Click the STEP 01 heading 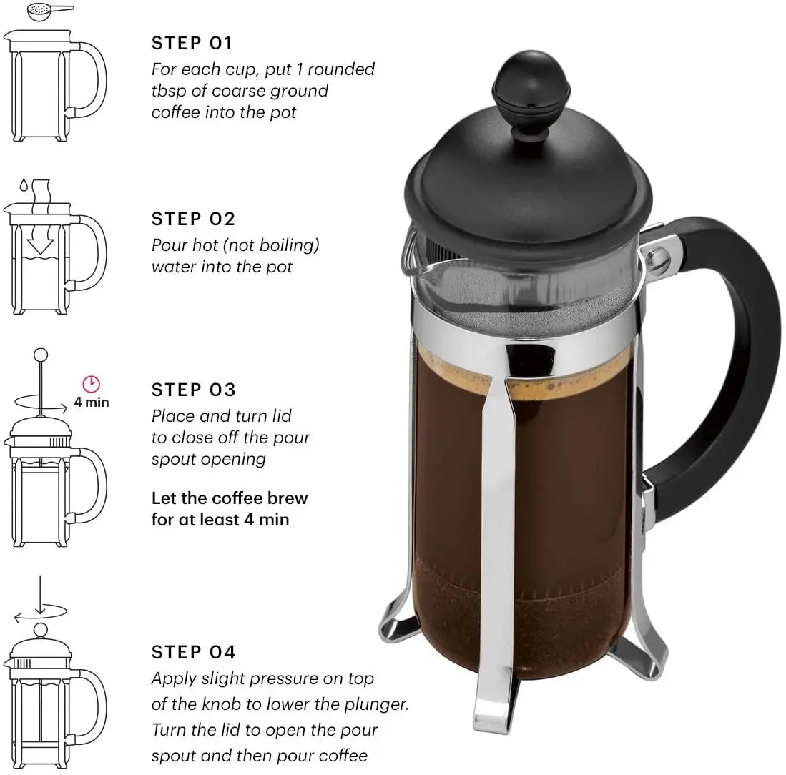pos(192,43)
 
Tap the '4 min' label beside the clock pos(92,402)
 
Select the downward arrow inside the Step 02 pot pos(41,243)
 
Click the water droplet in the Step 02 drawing pos(24,185)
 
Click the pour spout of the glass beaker pos(410,257)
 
